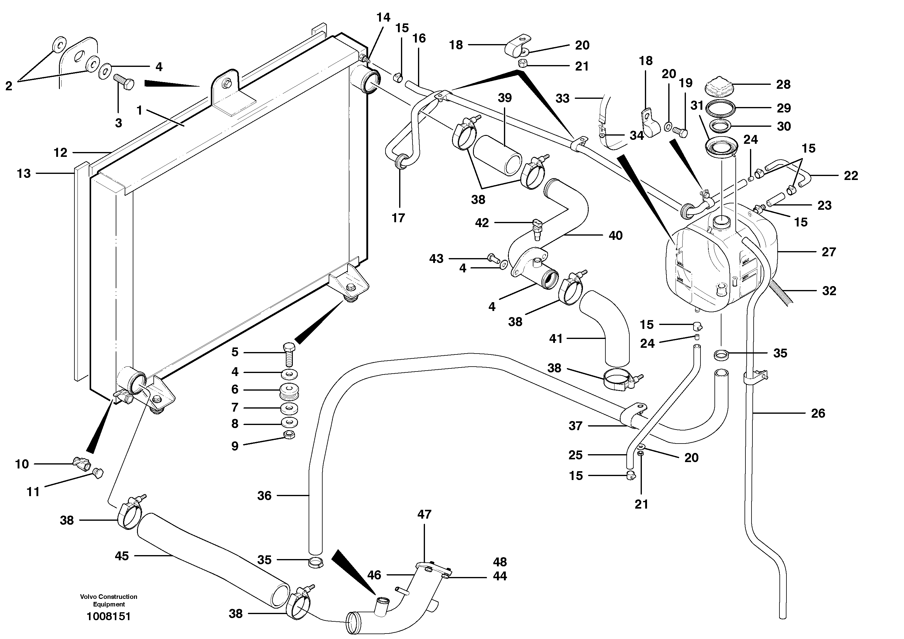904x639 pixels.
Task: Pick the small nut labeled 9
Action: (x=289, y=435)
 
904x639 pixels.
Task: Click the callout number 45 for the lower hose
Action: (x=122, y=556)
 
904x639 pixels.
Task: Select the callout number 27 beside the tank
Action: (x=828, y=252)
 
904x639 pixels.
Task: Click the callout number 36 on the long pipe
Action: (x=264, y=495)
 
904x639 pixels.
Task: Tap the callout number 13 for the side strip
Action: (x=24, y=173)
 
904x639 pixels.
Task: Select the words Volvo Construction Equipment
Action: (x=109, y=600)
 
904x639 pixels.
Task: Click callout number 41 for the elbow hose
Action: (x=556, y=338)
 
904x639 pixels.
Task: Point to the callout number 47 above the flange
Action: (x=424, y=514)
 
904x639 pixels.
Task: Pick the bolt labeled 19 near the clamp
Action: (x=681, y=132)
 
